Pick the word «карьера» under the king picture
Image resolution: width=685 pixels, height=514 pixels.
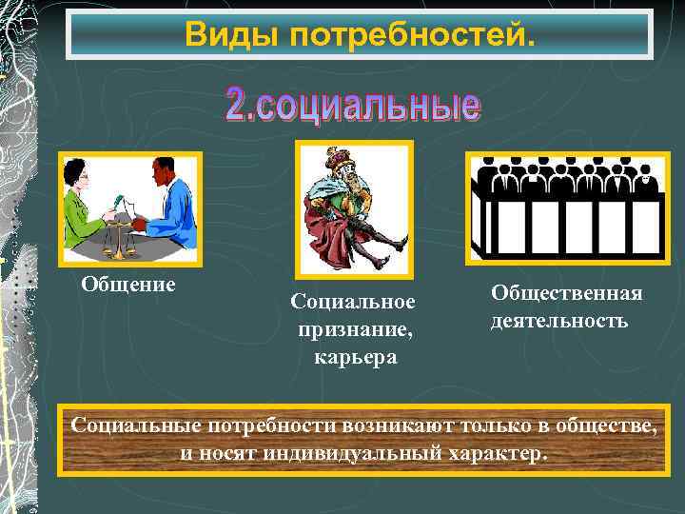point(353,357)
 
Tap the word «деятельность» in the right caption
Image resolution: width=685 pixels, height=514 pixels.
point(559,321)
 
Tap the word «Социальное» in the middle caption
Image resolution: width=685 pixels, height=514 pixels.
point(353,302)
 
